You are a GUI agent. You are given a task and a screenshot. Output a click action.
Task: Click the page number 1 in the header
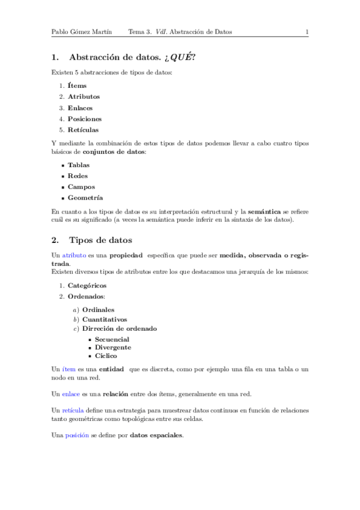pos(307,32)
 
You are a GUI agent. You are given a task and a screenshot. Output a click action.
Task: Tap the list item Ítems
pos(77,86)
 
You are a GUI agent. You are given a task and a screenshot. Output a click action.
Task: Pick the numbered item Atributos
pos(84,97)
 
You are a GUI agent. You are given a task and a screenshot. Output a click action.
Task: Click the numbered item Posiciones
pos(85,119)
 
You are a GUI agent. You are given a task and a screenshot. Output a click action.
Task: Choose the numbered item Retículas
pos(84,130)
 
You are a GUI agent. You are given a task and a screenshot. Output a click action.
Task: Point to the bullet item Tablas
pos(79,165)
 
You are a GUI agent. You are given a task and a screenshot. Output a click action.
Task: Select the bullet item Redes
pos(78,176)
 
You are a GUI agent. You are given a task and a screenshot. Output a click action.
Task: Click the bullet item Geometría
pos(85,198)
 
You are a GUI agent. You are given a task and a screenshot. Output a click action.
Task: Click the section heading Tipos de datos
pos(105,241)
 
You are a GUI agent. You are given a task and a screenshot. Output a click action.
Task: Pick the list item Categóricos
pos(87,286)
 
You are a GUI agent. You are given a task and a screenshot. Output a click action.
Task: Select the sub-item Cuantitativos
pos(105,319)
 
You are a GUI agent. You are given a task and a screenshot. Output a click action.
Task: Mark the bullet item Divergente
pos(113,347)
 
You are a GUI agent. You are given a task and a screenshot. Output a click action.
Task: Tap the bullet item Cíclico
pos(106,355)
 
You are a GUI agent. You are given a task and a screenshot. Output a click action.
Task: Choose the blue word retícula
pos(74,410)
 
